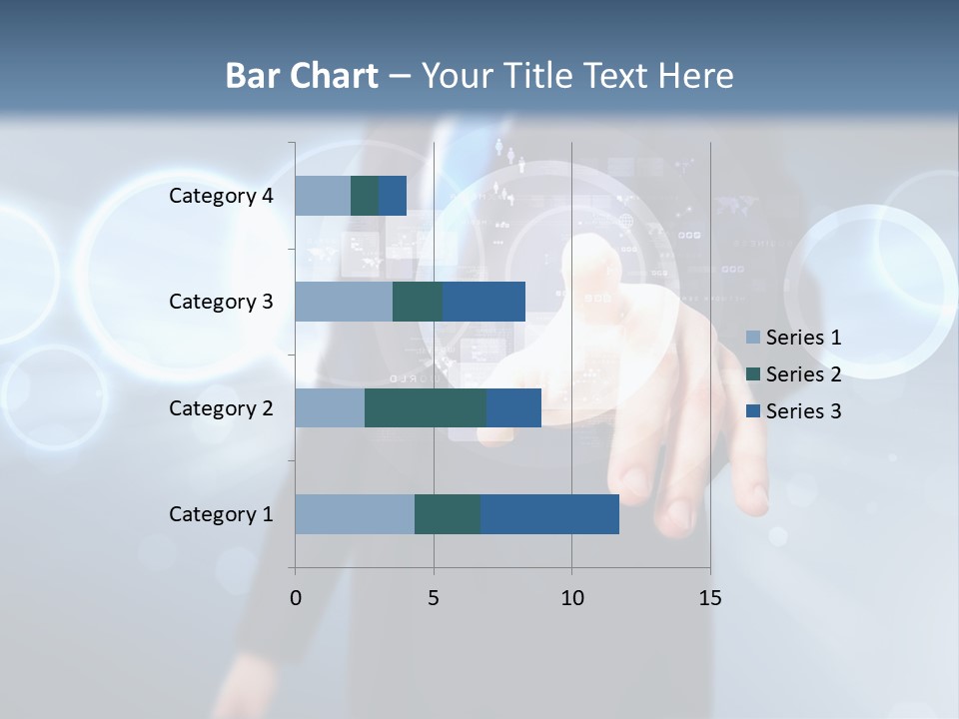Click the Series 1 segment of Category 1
click(x=355, y=514)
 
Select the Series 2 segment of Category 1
click(x=448, y=514)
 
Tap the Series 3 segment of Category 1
click(x=549, y=514)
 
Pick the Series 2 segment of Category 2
click(x=426, y=407)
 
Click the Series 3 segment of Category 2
click(x=513, y=407)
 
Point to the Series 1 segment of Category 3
click(x=344, y=302)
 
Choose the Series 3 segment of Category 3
click(x=483, y=302)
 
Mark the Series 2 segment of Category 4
click(x=365, y=196)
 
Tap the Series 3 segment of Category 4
click(x=393, y=196)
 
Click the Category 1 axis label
click(x=221, y=514)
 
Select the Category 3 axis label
click(x=221, y=302)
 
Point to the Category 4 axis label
click(x=221, y=196)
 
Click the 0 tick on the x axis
click(x=295, y=598)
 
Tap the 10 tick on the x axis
click(x=571, y=598)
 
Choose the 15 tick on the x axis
click(x=710, y=598)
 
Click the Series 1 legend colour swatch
click(x=753, y=338)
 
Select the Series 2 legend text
click(x=803, y=374)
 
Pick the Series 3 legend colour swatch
click(x=753, y=411)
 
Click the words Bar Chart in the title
click(x=302, y=76)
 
